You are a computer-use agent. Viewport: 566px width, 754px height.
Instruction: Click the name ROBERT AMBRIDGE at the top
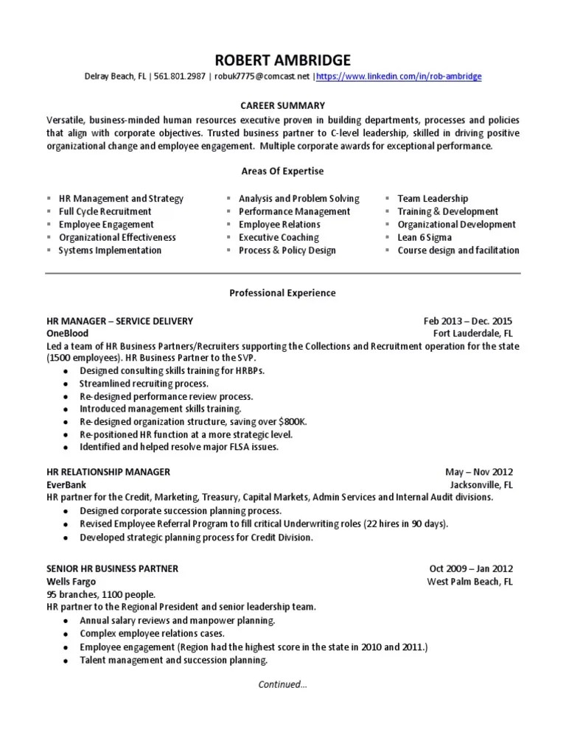point(282,60)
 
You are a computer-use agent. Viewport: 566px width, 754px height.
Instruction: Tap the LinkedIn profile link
point(399,77)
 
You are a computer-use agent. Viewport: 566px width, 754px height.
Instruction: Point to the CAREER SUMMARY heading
point(282,106)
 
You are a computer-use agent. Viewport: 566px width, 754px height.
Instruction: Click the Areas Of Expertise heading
point(282,171)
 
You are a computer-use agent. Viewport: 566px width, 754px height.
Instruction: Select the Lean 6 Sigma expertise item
point(424,237)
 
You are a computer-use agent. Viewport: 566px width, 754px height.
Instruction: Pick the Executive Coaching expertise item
point(279,237)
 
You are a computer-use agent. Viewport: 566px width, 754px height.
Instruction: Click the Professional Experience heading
point(282,293)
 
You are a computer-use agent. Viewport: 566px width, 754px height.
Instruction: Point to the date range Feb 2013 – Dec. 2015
point(468,321)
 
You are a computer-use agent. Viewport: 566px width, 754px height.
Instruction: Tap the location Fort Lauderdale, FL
point(472,334)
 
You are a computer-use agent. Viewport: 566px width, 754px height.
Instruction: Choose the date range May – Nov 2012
point(479,472)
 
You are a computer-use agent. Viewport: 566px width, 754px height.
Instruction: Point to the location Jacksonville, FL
point(482,485)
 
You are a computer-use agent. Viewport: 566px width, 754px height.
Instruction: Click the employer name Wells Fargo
point(71,582)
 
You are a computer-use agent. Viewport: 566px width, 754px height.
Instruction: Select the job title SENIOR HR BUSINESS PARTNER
point(112,569)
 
